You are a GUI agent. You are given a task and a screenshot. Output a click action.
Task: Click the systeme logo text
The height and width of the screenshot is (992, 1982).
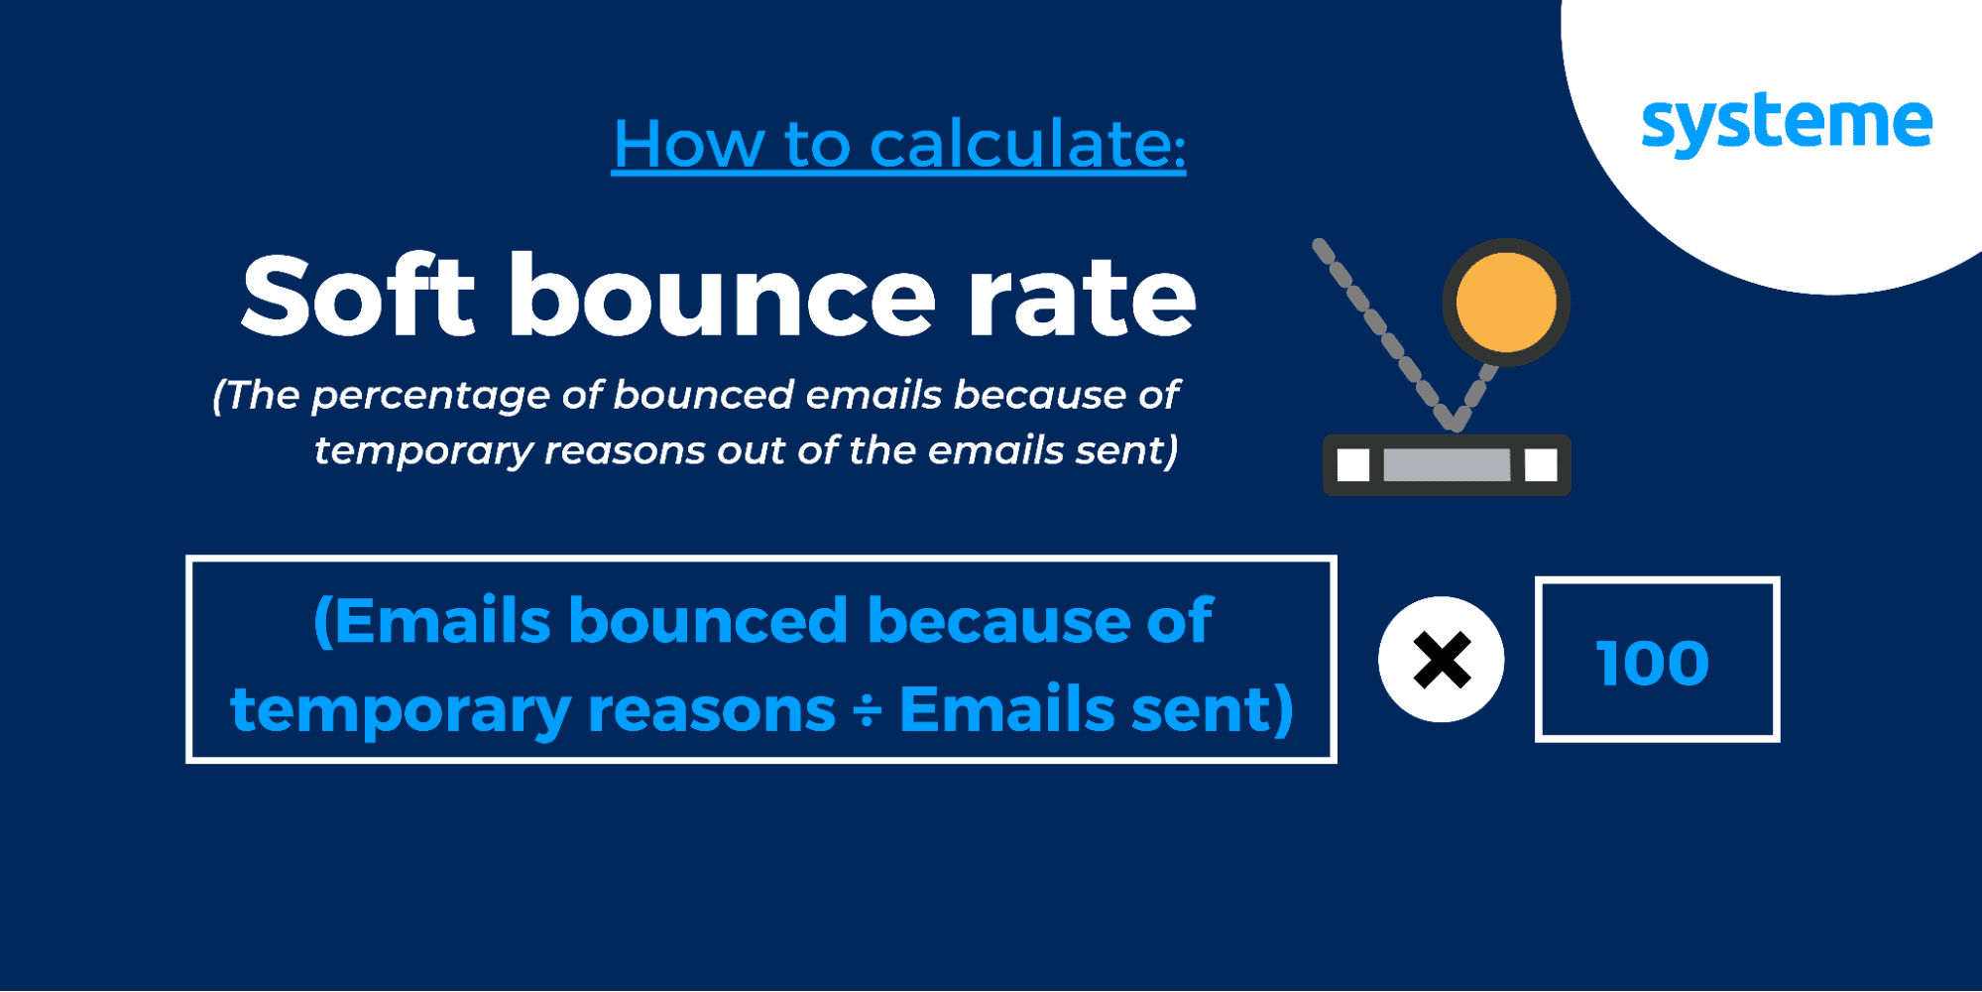pyautogui.click(x=1787, y=125)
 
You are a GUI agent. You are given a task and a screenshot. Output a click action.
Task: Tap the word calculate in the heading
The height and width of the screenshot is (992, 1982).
pyautogui.click(x=1028, y=144)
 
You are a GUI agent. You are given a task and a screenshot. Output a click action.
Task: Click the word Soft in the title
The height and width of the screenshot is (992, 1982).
pyautogui.click(x=358, y=295)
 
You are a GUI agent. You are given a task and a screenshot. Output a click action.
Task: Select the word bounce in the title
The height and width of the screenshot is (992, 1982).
pyautogui.click(x=723, y=295)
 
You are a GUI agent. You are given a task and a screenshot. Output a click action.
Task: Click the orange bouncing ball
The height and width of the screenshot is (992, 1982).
pyautogui.click(x=1506, y=303)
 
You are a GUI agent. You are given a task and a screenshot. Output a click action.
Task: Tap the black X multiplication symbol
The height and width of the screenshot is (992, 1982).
pyautogui.click(x=1442, y=660)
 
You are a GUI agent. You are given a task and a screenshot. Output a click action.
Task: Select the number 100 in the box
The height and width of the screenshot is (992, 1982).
pyautogui.click(x=1653, y=663)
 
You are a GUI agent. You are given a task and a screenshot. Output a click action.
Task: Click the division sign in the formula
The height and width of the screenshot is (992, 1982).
pyautogui.click(x=868, y=711)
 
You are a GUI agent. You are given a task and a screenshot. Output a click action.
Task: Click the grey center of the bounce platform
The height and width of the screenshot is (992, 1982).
pyautogui.click(x=1447, y=465)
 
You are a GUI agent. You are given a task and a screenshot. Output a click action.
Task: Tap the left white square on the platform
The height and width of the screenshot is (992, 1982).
pyautogui.click(x=1353, y=465)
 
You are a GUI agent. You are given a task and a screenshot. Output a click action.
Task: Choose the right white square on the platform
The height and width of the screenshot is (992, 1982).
pyautogui.click(x=1541, y=465)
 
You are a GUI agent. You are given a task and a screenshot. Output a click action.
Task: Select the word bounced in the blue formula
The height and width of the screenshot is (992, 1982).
pyautogui.click(x=709, y=621)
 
